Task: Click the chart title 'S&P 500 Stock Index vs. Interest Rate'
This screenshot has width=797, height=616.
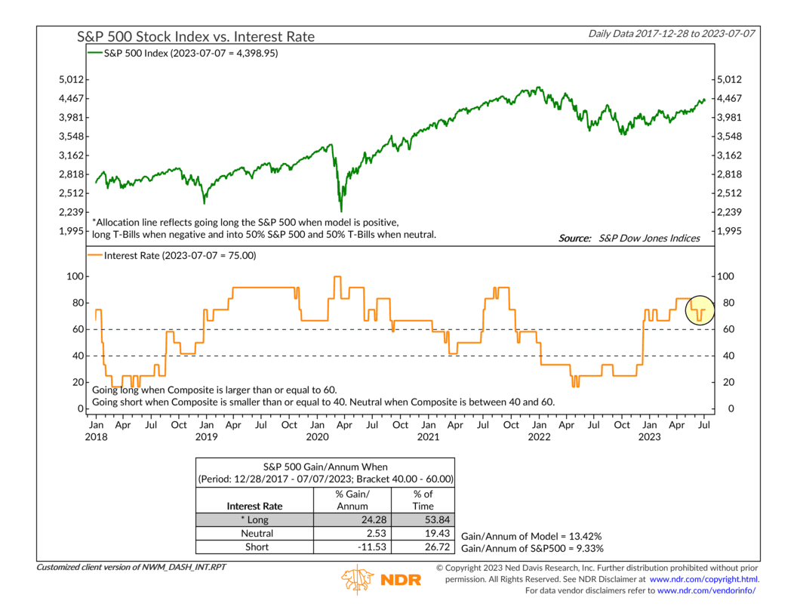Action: click(x=195, y=36)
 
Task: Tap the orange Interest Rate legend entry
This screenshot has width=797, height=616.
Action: click(x=173, y=256)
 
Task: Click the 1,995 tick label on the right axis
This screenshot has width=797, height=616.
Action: click(x=730, y=231)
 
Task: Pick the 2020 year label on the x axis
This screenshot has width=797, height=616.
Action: click(x=316, y=437)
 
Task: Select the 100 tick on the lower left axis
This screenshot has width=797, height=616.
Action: click(x=74, y=276)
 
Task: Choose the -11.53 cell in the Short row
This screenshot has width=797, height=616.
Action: click(x=352, y=547)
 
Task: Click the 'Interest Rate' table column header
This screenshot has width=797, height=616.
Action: click(x=254, y=506)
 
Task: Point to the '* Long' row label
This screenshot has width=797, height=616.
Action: click(x=254, y=519)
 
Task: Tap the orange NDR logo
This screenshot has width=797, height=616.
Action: click(x=381, y=579)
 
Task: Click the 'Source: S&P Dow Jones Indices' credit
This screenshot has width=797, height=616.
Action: click(x=629, y=239)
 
